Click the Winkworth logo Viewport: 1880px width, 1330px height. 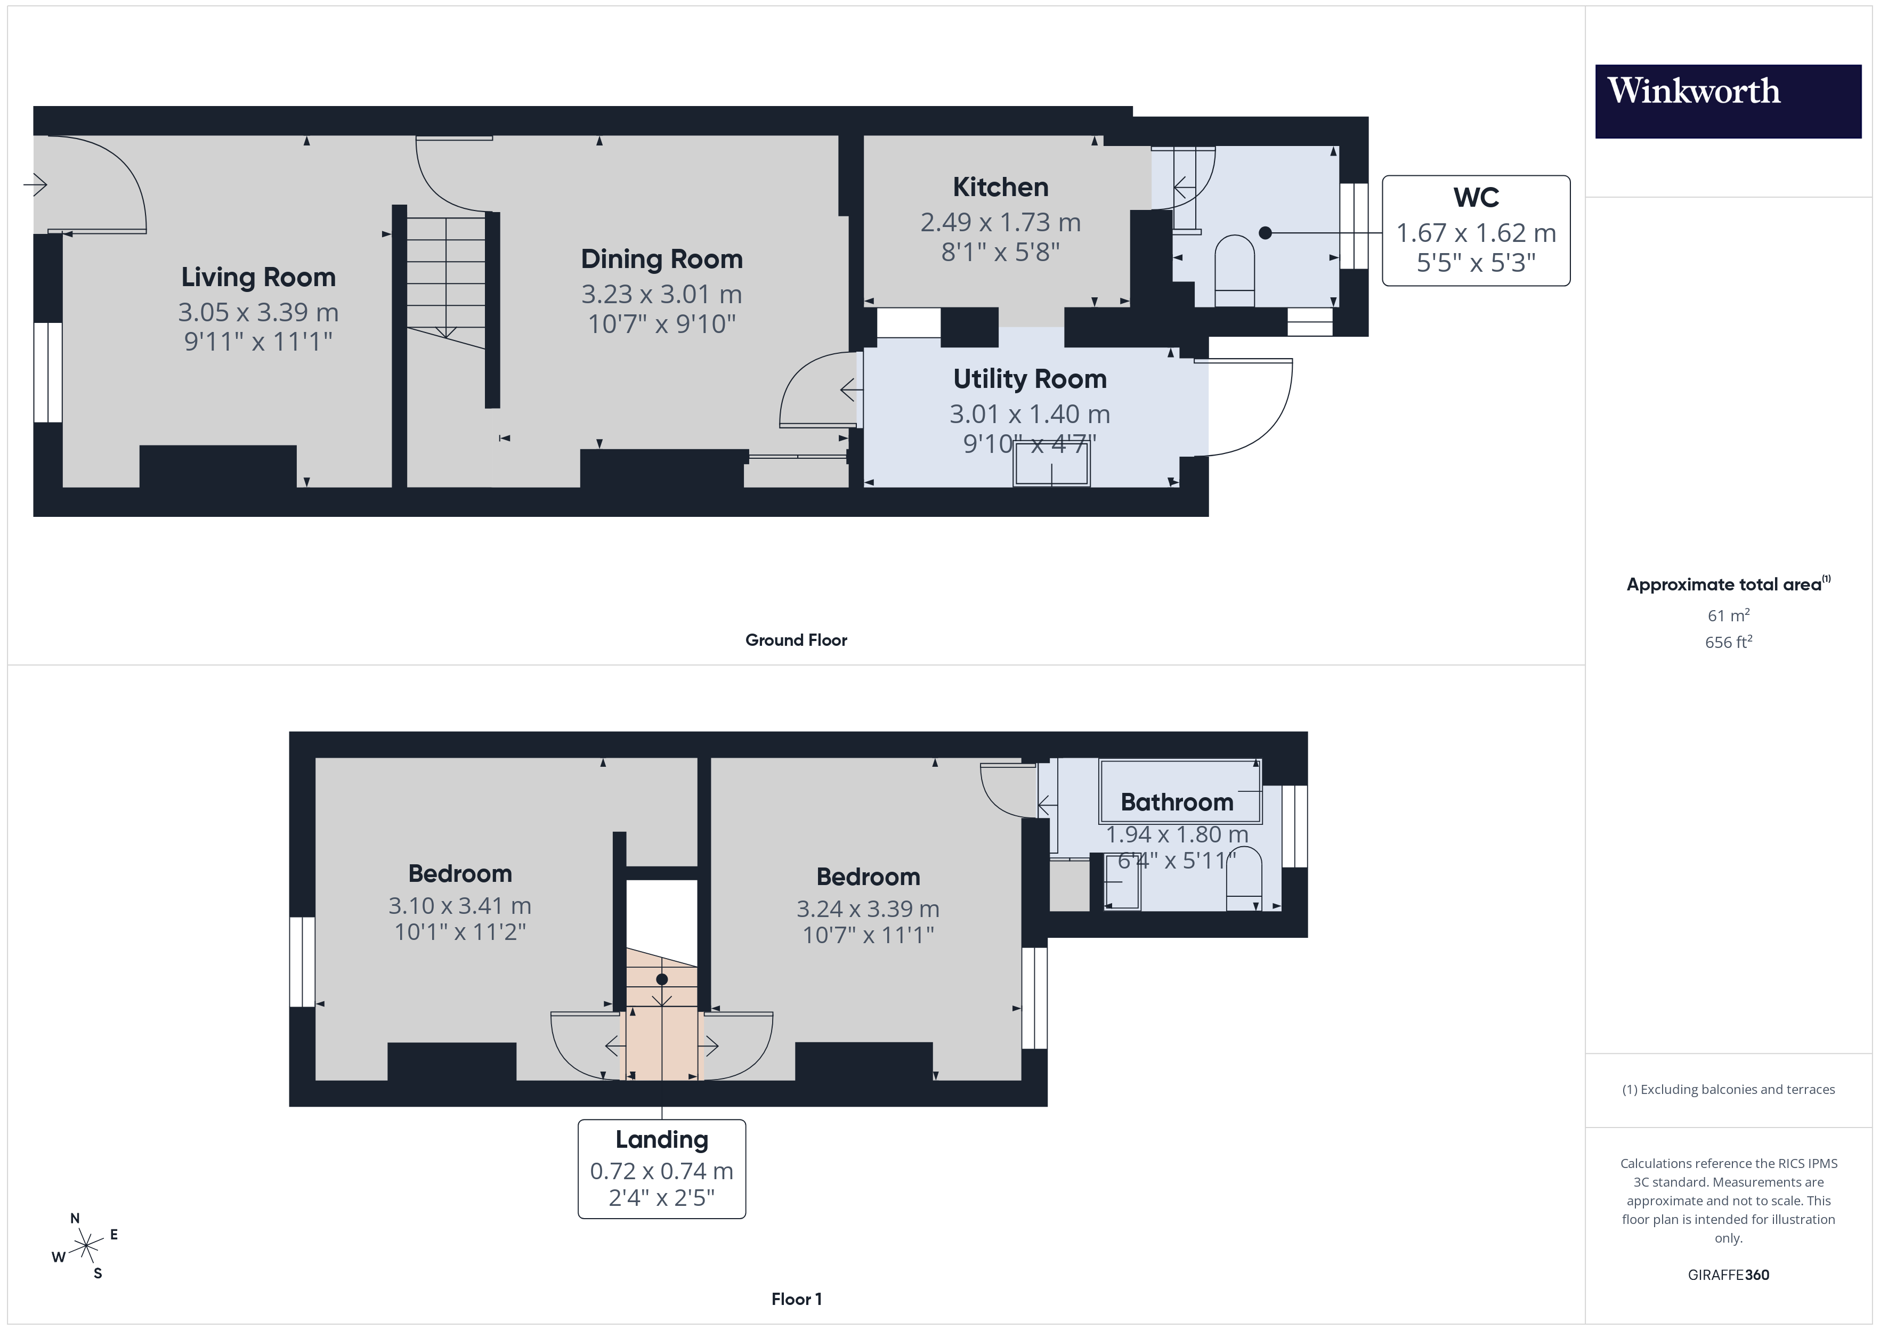coord(1728,101)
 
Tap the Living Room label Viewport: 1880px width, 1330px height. coord(258,278)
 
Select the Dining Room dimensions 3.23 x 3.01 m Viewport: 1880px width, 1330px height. coord(662,294)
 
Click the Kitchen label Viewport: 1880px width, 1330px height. coord(1000,188)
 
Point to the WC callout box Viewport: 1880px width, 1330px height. coord(1476,231)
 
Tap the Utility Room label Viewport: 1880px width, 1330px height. coord(1029,379)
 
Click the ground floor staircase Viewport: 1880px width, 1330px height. coord(446,279)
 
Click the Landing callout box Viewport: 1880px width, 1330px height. coord(662,1169)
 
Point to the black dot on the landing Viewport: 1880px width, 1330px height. coord(662,979)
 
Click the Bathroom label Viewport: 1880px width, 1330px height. coord(1177,802)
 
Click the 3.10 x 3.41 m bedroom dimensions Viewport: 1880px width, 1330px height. coord(459,906)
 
